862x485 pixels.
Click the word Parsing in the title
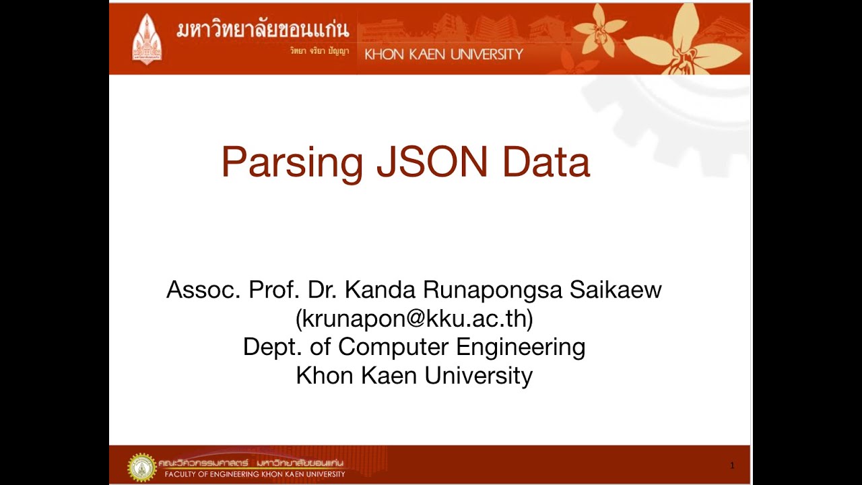coord(292,163)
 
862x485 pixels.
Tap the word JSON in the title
coord(432,162)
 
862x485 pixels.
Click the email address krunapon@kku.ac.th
coord(414,319)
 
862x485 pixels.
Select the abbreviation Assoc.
coord(204,290)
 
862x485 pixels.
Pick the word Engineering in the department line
coord(521,347)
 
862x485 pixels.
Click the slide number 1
coord(732,465)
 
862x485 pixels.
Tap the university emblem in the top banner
coord(146,38)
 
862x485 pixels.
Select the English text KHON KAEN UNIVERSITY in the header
coord(443,55)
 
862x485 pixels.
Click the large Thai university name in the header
coord(263,30)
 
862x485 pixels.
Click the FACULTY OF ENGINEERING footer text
coord(255,474)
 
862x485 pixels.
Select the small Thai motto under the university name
coord(319,51)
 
